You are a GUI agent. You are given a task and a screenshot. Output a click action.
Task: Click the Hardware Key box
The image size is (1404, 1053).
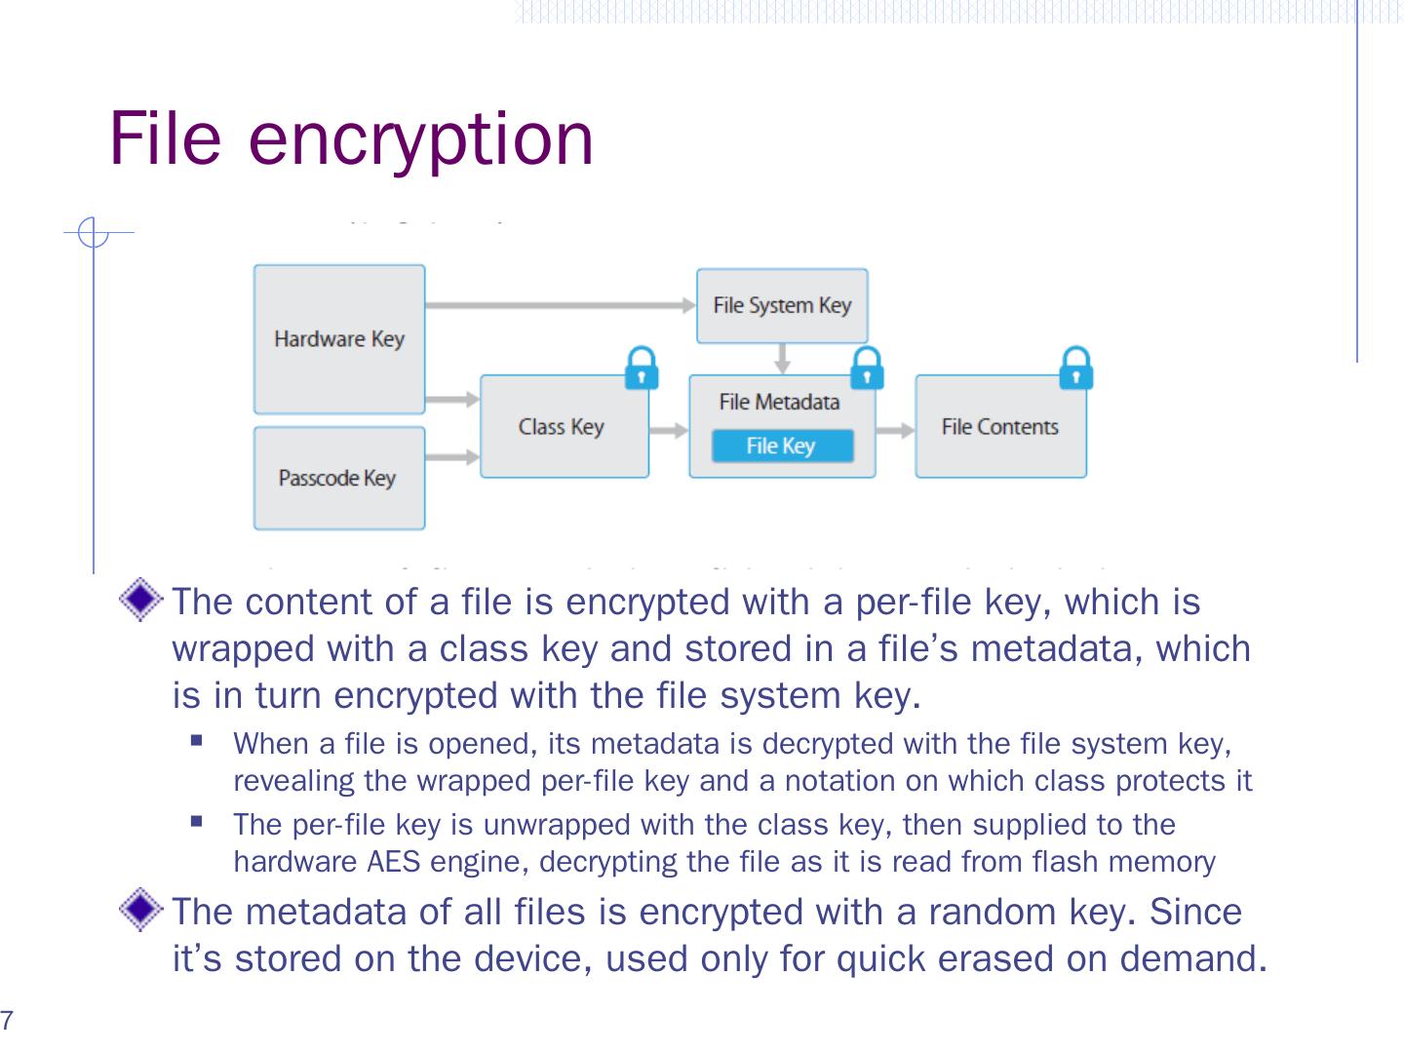[x=338, y=339]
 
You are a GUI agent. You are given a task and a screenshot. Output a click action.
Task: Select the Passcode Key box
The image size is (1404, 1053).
[x=338, y=478]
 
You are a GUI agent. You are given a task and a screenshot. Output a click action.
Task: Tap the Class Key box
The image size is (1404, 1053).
[x=563, y=427]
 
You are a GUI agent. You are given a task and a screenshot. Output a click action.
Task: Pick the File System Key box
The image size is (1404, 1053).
[x=781, y=306]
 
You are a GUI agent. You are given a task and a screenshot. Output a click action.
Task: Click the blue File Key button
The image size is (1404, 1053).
[x=781, y=447]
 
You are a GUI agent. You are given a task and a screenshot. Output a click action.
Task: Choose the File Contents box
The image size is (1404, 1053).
[x=999, y=427]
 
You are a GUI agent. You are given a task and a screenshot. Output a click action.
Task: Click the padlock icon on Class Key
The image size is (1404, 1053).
[x=641, y=369]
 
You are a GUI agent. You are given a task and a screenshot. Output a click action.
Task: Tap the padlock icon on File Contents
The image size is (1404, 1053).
[x=1075, y=369]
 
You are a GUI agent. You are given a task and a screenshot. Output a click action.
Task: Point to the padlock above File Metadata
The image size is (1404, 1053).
[x=867, y=369]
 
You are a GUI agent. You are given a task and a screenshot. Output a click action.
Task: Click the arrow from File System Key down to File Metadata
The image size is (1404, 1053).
[x=782, y=359]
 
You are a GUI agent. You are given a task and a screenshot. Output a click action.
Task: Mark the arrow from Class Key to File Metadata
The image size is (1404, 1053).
[x=669, y=430]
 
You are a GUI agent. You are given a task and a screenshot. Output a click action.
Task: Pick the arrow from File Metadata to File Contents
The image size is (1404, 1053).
[x=895, y=430]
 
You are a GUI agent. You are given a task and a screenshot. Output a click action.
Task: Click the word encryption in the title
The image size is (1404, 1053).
[x=420, y=138]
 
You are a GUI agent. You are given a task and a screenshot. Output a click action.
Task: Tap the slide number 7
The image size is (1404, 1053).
[x=7, y=1022]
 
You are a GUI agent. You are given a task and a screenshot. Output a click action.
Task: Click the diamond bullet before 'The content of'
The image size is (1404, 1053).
[x=142, y=600]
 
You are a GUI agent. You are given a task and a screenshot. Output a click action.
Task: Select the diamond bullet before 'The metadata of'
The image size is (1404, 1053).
[x=142, y=911]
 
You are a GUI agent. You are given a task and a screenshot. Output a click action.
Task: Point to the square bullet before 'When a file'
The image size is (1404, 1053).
[x=198, y=741]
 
